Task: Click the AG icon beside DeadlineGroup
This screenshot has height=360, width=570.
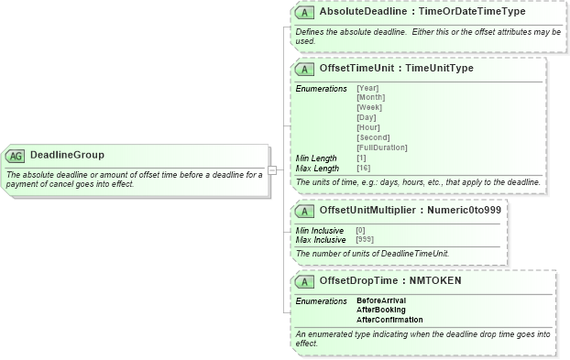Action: [x=16, y=156]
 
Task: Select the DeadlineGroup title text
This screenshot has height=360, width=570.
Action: [x=67, y=156]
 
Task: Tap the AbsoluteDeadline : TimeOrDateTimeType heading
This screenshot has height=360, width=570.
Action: [x=435, y=12]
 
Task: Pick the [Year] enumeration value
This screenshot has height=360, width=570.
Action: [x=367, y=89]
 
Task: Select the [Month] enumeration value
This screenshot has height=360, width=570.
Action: [x=370, y=98]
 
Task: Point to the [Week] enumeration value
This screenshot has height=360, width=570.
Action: [x=369, y=108]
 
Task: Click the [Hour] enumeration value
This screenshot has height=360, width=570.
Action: [x=367, y=128]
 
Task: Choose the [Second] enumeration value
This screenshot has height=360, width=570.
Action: [x=372, y=138]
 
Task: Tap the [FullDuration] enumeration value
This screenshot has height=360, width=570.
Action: [x=382, y=148]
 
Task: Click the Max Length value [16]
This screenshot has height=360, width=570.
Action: [x=363, y=169]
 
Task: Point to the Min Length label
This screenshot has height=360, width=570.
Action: [x=316, y=158]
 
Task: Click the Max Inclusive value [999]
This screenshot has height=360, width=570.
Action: [x=365, y=240]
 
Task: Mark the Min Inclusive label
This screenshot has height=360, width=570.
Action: [x=320, y=231]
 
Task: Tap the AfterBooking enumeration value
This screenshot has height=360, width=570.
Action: [x=380, y=311]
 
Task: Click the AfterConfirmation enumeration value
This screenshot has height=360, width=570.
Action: [x=389, y=321]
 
